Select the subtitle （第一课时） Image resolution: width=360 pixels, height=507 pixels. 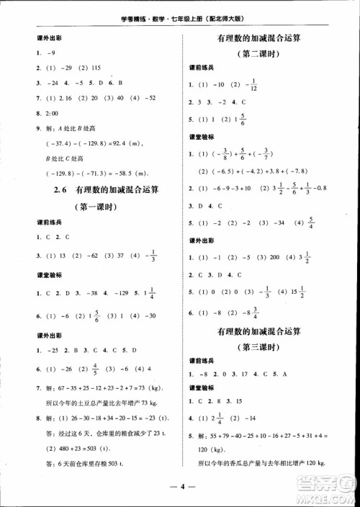(98, 205)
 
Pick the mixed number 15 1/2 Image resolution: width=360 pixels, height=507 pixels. (314, 293)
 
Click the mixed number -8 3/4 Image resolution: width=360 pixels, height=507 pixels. (255, 313)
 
